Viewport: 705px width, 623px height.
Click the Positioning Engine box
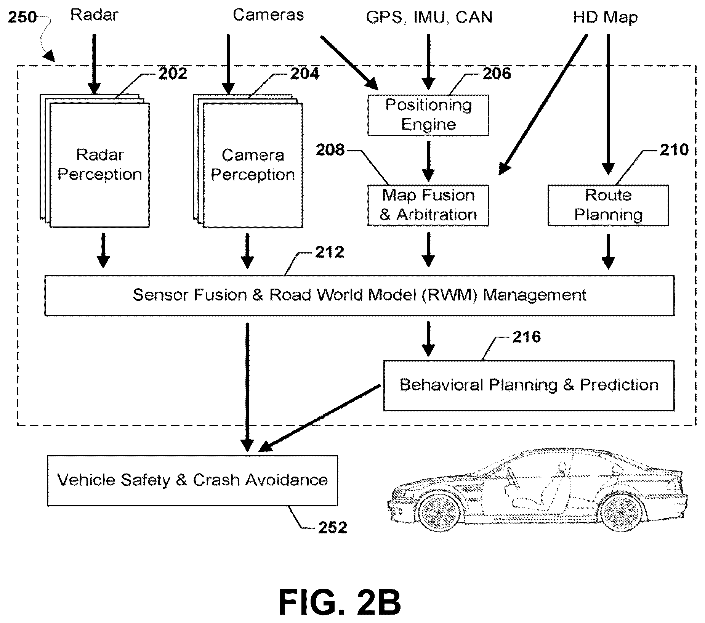click(428, 115)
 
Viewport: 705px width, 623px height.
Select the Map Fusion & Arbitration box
click(428, 206)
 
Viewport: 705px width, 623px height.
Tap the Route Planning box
click(608, 206)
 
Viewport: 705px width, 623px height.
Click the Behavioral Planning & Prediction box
click(529, 385)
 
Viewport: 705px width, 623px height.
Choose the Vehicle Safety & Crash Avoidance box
click(192, 480)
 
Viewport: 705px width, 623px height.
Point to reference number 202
click(173, 74)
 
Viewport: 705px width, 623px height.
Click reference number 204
click(305, 74)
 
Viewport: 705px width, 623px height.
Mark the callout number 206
click(497, 74)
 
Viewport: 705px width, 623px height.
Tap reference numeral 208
click(330, 150)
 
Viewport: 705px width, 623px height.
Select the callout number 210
click(674, 150)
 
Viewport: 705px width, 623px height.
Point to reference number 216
click(526, 337)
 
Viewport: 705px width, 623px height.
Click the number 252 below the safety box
click(333, 528)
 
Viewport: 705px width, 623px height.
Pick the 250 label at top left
click(22, 17)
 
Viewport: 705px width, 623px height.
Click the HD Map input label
click(606, 17)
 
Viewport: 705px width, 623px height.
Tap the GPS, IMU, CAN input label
click(429, 18)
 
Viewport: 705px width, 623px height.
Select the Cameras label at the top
click(268, 15)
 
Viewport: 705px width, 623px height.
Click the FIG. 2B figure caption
click(340, 602)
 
